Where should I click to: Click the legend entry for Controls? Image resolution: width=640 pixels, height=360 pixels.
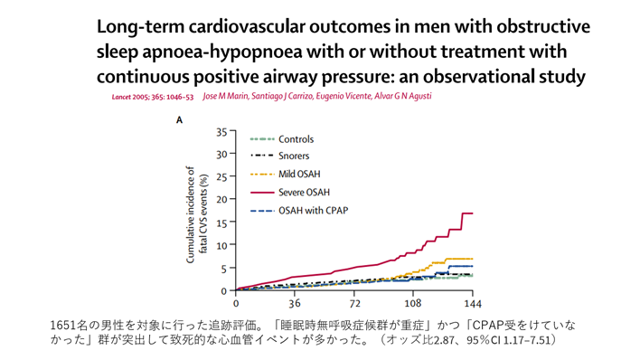pyautogui.click(x=282, y=139)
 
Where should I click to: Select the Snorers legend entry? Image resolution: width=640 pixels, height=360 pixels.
pyautogui.click(x=279, y=156)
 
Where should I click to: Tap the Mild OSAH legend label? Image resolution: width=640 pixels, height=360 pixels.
pyautogui.click(x=299, y=174)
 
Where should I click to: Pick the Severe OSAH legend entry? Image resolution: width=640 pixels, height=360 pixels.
pyautogui.click(x=290, y=192)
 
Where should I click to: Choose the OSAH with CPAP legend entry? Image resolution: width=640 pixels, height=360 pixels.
pyautogui.click(x=299, y=211)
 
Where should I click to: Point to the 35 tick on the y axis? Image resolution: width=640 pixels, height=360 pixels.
pyautogui.click(x=221, y=132)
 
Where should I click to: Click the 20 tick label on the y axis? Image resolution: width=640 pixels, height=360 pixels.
pyautogui.click(x=221, y=199)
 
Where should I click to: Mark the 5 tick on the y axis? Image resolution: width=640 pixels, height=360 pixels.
pyautogui.click(x=224, y=268)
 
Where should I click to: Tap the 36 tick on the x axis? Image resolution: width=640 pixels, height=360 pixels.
pyautogui.click(x=295, y=303)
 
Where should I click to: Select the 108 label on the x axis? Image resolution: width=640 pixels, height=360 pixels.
pyautogui.click(x=412, y=303)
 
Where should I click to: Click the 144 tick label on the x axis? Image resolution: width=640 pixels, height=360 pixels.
pyautogui.click(x=473, y=303)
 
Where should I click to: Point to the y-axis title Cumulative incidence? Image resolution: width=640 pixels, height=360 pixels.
pyautogui.click(x=190, y=214)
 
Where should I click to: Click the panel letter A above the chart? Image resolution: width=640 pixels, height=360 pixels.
pyautogui.click(x=179, y=120)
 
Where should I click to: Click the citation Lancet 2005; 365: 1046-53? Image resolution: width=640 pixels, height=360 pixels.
pyautogui.click(x=153, y=98)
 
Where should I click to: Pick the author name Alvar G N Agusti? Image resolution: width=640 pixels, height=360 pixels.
pyautogui.click(x=403, y=96)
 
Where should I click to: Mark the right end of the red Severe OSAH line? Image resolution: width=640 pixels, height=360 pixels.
pyautogui.click(x=473, y=213)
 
